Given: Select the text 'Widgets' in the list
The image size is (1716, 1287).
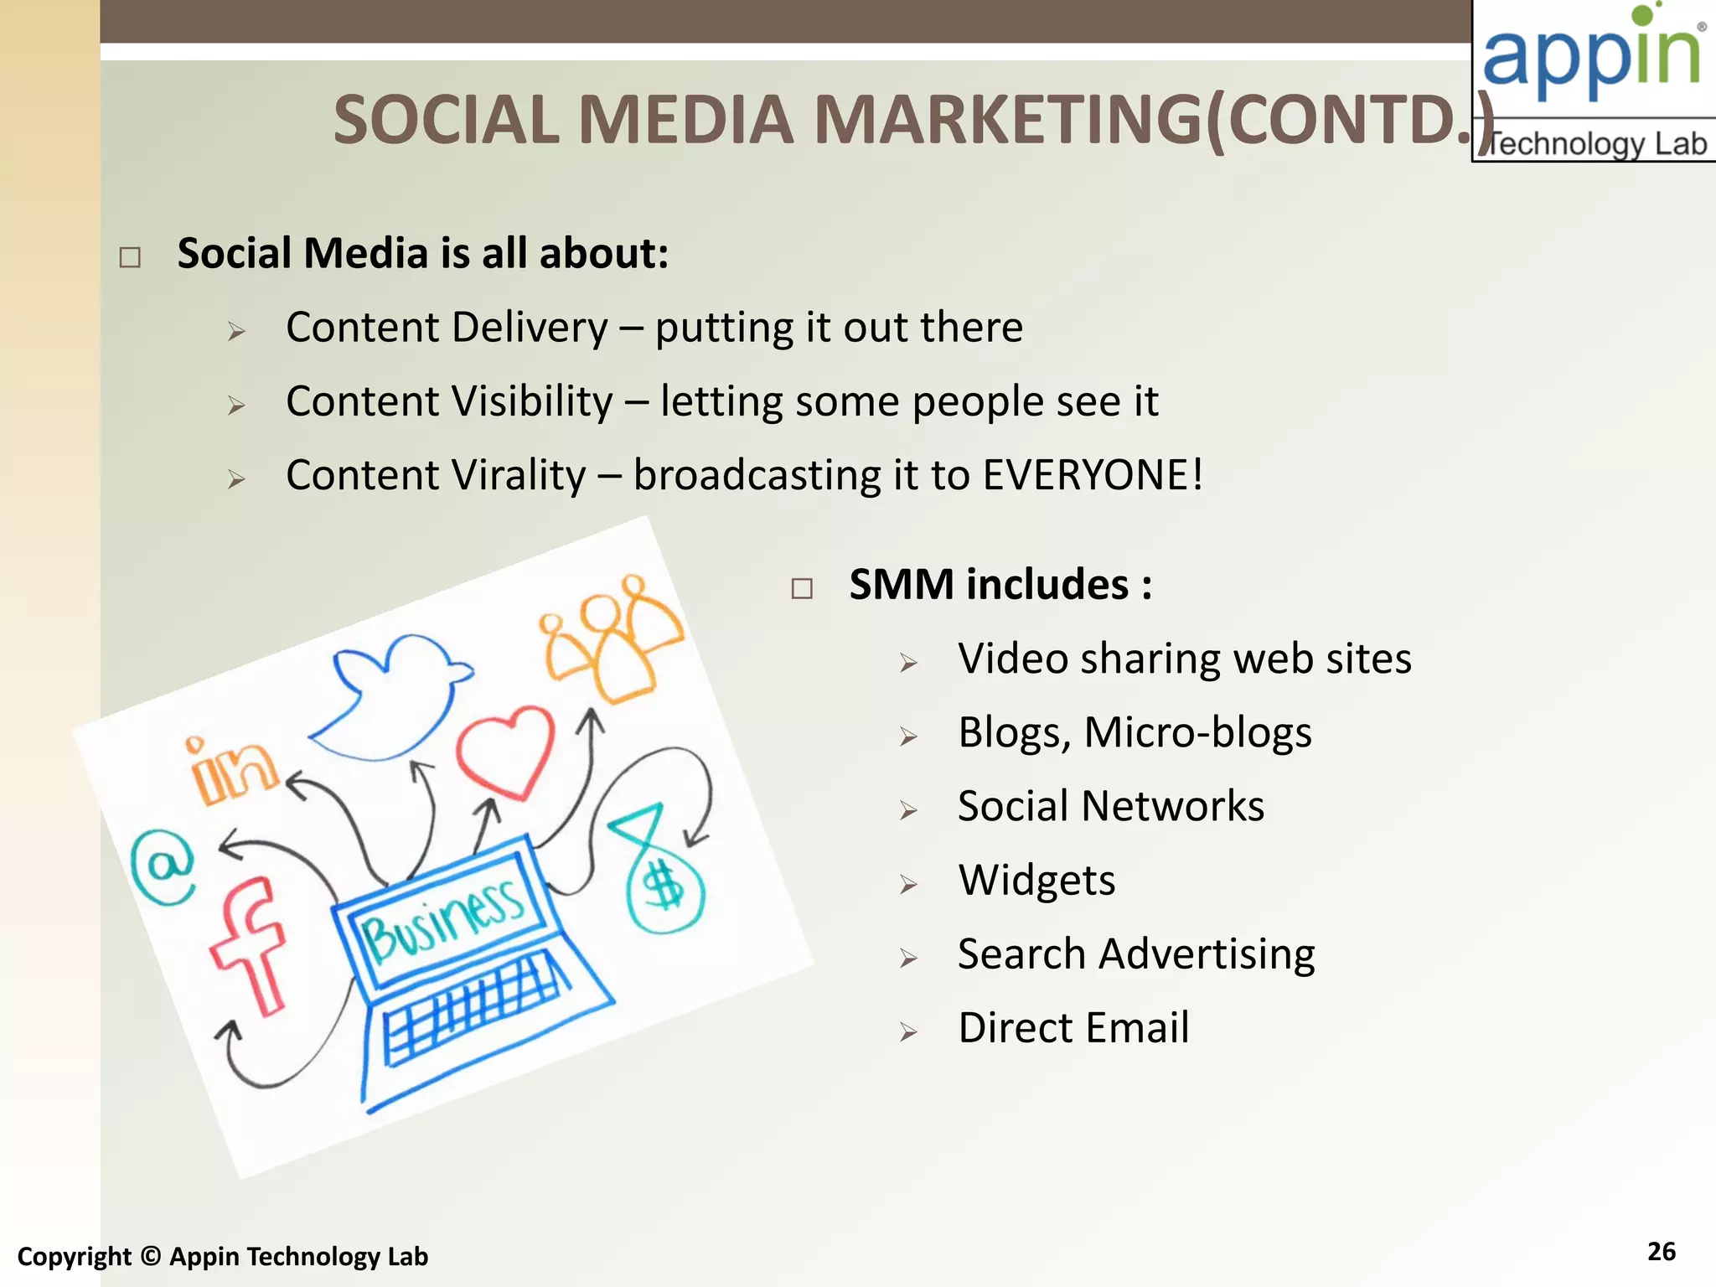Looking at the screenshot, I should click(x=1036, y=880).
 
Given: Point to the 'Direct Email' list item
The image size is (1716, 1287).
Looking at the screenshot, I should click(x=1073, y=1028).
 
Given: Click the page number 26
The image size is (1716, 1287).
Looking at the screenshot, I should click(x=1661, y=1251).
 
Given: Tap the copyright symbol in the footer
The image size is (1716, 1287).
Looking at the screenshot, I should click(x=151, y=1256).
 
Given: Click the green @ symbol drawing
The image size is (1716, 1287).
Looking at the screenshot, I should click(x=163, y=866).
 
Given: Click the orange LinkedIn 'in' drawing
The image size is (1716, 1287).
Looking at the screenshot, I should click(x=231, y=771).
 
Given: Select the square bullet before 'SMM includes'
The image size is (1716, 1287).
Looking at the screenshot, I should click(x=802, y=588).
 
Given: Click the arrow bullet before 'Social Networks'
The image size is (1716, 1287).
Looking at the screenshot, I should click(x=909, y=810).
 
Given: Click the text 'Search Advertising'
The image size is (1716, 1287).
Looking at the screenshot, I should click(x=1136, y=954).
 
